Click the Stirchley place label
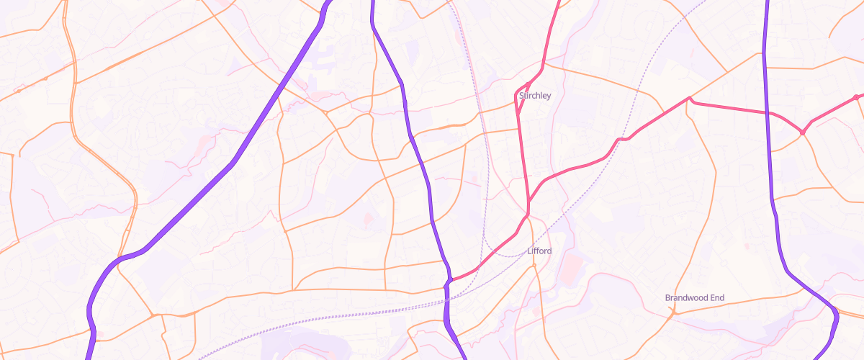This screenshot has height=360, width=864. tap(535, 95)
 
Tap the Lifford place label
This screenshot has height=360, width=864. tap(539, 251)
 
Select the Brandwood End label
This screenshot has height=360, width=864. tap(694, 297)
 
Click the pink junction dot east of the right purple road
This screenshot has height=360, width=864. tap(802, 132)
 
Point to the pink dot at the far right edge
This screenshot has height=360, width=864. tap(856, 97)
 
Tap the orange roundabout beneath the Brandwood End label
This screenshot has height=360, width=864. tap(672, 313)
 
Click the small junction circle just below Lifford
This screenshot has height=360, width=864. tap(534, 265)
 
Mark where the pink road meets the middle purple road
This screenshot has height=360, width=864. tap(450, 280)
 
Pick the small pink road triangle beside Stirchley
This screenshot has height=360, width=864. tap(522, 101)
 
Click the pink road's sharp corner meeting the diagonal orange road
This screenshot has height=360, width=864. tap(689, 98)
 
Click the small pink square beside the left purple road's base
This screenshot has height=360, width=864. tap(99, 333)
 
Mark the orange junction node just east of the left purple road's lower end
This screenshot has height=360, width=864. tap(154, 315)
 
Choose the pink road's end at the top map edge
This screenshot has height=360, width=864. tap(559, 2)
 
